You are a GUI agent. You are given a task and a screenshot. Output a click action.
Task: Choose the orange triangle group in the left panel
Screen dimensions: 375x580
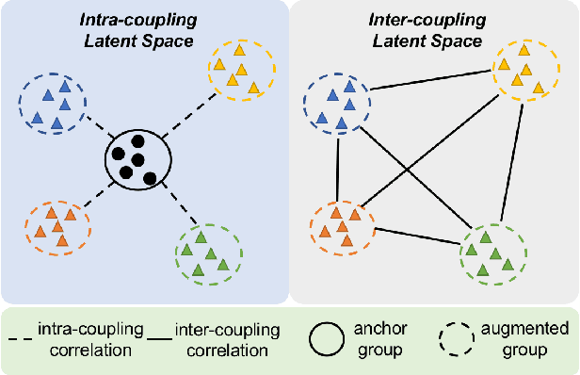[56, 224]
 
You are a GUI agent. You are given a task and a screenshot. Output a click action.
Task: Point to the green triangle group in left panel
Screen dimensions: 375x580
[209, 253]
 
